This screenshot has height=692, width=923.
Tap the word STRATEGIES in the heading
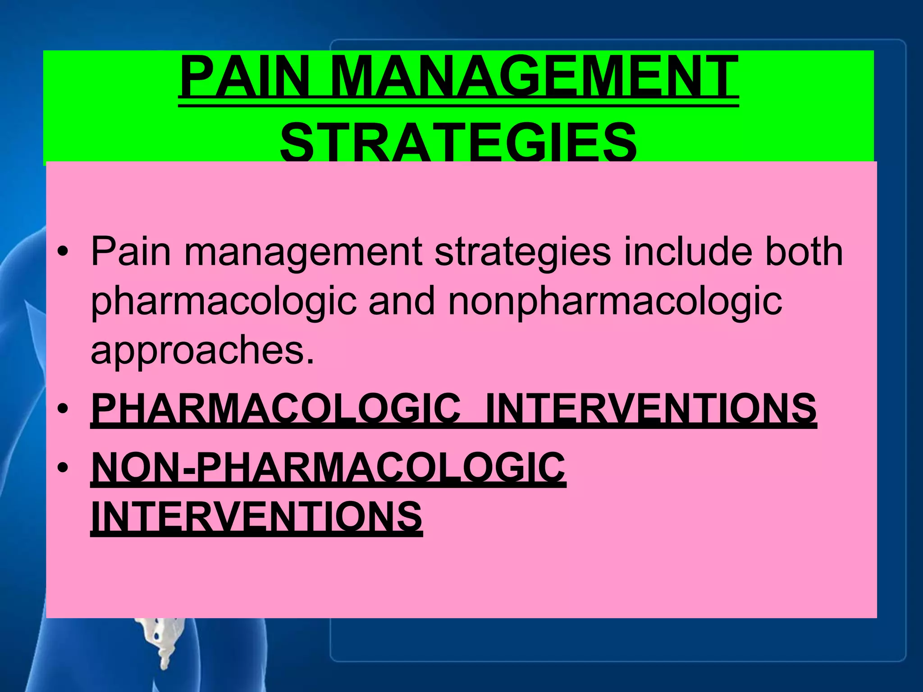(x=458, y=142)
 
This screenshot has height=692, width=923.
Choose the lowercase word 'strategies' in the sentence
(x=523, y=252)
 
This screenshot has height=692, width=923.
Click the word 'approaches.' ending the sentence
(x=202, y=351)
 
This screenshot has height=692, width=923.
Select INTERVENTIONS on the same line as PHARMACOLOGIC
(x=651, y=408)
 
